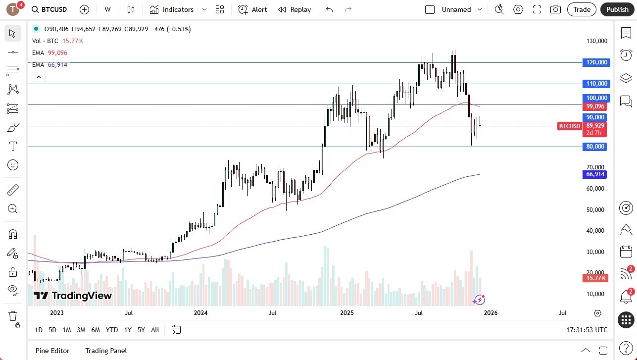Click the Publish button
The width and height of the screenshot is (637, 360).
point(617,9)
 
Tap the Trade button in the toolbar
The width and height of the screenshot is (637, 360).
point(582,9)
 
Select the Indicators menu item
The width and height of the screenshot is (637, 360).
point(172,9)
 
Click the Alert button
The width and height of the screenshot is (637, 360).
point(253,9)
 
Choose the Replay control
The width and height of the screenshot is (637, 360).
point(294,9)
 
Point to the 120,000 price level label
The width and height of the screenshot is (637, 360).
point(596,62)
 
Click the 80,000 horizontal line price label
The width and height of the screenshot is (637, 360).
point(596,147)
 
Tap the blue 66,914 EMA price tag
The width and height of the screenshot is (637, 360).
point(596,174)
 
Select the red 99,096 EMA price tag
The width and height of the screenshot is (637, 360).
point(595,106)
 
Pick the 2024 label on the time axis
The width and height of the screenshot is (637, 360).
point(201,313)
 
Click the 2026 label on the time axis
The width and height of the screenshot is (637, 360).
point(490,313)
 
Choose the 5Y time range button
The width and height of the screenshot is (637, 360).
point(141,330)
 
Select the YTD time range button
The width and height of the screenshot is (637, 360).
point(112,330)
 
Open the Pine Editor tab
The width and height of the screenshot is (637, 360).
point(52,351)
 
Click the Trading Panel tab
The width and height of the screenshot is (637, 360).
point(106,351)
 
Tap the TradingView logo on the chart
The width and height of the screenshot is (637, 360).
point(73,296)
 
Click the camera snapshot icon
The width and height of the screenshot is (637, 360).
point(556,9)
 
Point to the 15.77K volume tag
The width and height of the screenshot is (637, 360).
point(595,278)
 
